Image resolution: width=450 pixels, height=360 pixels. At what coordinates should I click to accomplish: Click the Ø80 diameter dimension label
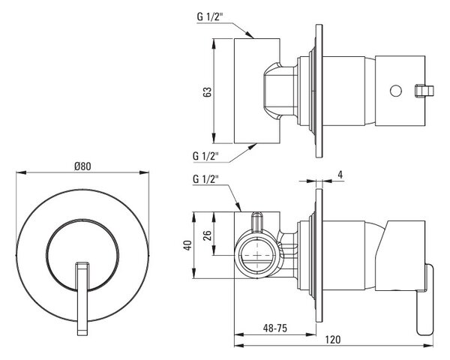pyautogui.click(x=82, y=166)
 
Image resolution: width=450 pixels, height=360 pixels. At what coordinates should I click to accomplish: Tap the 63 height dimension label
pyautogui.click(x=207, y=91)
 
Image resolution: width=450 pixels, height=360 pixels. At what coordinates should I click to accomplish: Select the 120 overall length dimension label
pyautogui.click(x=333, y=340)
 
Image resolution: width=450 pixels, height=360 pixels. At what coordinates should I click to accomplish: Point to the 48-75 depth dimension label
pyautogui.click(x=275, y=328)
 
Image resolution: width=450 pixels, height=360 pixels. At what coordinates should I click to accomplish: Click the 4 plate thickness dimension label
pyautogui.click(x=340, y=175)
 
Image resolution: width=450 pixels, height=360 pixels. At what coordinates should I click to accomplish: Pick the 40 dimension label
pyautogui.click(x=187, y=245)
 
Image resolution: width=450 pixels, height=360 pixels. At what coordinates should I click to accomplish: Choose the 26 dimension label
pyautogui.click(x=208, y=235)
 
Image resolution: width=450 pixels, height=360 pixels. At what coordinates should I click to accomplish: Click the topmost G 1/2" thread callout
pyautogui.click(x=210, y=16)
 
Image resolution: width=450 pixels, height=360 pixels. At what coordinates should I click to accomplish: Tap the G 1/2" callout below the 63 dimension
pyautogui.click(x=205, y=156)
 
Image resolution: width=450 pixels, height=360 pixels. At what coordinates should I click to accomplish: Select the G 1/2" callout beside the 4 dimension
pyautogui.click(x=205, y=179)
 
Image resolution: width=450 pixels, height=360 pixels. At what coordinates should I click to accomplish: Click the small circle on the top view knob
pyautogui.click(x=396, y=91)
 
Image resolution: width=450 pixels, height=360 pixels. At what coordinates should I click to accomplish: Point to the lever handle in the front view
pyautogui.click(x=82, y=298)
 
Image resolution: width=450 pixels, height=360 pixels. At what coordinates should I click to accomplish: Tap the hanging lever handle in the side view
pyautogui.click(x=425, y=299)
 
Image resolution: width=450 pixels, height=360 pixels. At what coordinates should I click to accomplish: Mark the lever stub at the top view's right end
pyautogui.click(x=424, y=90)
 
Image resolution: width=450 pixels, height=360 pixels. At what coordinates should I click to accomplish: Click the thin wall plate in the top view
pyautogui.click(x=319, y=91)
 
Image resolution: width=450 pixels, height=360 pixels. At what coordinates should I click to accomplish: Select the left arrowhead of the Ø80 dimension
pyautogui.click(x=21, y=172)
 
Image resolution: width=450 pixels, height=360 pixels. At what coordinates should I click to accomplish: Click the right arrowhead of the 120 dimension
pyautogui.click(x=428, y=345)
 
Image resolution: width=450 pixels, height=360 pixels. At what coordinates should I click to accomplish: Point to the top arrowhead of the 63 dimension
pyautogui.click(x=214, y=44)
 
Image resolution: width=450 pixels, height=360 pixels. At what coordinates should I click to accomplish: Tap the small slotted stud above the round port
pyautogui.click(x=257, y=222)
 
